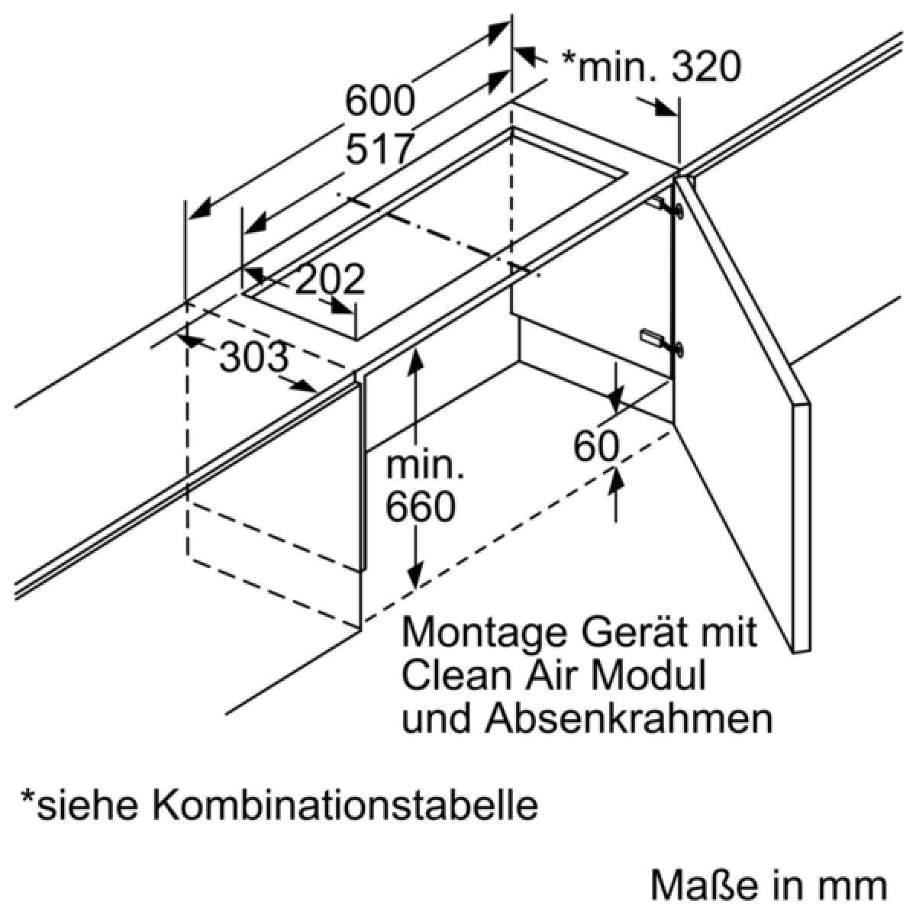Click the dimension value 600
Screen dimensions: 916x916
coord(379,100)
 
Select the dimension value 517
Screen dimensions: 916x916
coord(379,149)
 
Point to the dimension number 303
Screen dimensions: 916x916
coord(255,356)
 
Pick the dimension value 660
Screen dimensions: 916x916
coord(421,506)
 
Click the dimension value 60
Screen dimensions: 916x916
coord(595,447)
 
